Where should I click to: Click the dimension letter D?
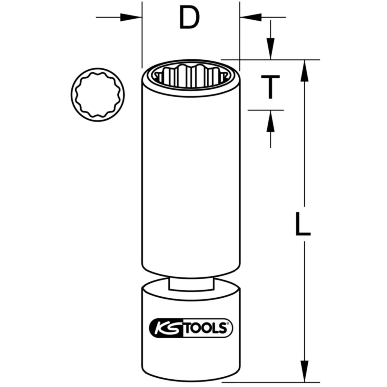point(189,17)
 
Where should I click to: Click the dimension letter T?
point(270,87)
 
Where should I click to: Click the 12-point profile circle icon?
point(98,94)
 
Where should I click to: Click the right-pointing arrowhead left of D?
point(131,17)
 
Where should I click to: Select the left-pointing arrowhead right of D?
point(251,17)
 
